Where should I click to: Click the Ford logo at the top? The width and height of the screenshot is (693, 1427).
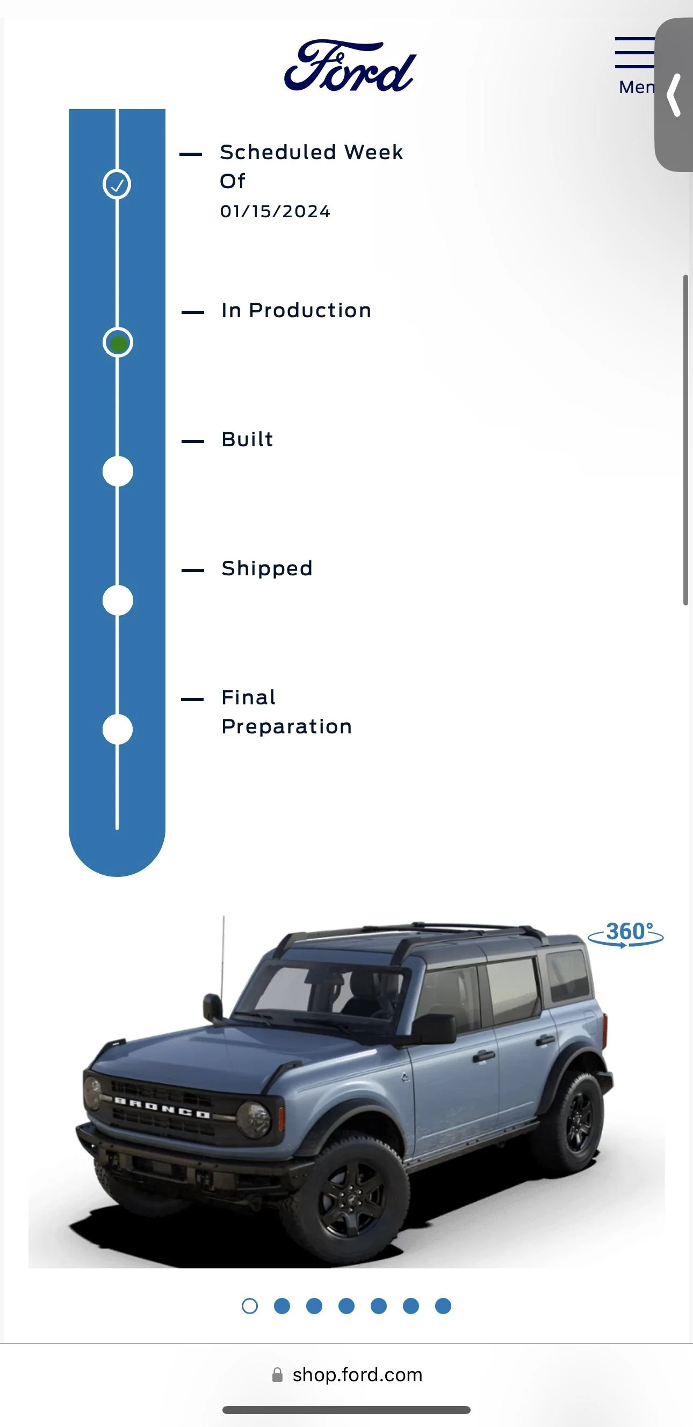click(350, 66)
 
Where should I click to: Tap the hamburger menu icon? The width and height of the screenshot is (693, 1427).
click(635, 53)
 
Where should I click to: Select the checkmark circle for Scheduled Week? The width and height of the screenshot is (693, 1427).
click(117, 184)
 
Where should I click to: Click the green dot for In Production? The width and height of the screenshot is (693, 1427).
click(118, 343)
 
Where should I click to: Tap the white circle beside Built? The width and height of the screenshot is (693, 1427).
click(118, 472)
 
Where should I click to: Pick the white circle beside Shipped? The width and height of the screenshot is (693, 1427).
click(118, 601)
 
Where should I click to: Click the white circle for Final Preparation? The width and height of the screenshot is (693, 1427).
click(118, 729)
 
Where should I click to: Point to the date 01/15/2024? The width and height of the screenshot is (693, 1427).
click(275, 211)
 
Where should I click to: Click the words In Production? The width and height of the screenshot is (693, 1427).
click(296, 310)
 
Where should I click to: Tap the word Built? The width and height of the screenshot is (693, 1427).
click(247, 439)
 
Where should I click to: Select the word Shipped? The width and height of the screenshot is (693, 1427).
click(267, 568)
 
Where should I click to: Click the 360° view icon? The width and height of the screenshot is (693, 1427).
click(625, 934)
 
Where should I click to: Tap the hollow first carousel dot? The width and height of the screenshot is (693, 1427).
click(250, 1306)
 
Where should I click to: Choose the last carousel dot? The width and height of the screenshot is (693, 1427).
click(443, 1306)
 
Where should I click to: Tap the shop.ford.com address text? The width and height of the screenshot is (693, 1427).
click(358, 1375)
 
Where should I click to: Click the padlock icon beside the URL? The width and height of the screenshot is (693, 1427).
click(277, 1375)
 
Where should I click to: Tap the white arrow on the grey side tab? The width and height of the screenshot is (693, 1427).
click(674, 95)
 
